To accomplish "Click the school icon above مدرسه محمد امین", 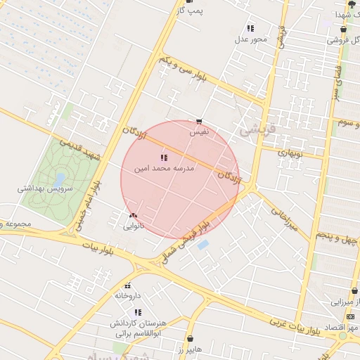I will click(x=165, y=157).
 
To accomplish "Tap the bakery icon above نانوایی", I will click(x=133, y=216).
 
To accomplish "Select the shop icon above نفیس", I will click(x=200, y=121).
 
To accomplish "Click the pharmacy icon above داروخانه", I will click(x=127, y=285).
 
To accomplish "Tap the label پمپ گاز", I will click(x=188, y=11).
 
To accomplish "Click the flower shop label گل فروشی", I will click(x=342, y=40).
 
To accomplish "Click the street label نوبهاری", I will click(x=290, y=152).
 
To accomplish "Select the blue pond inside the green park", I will click(x=59, y=179).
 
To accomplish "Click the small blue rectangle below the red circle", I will click(x=203, y=245).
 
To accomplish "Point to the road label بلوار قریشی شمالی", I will click(x=184, y=240).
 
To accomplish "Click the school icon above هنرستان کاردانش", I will click(x=138, y=311).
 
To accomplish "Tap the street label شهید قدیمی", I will click(x=80, y=148).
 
